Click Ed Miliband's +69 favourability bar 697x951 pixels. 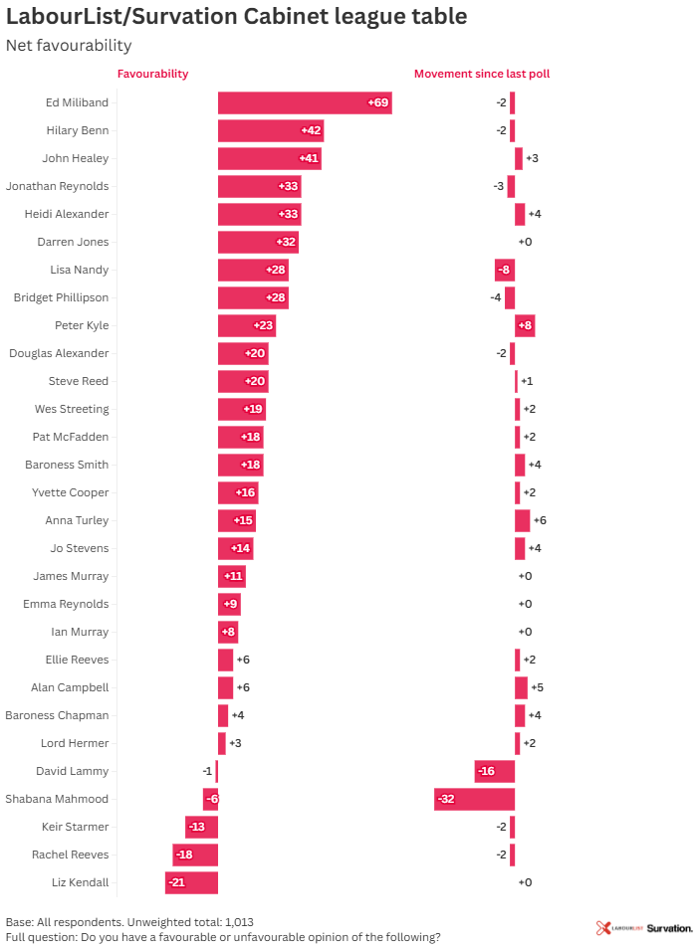tap(305, 102)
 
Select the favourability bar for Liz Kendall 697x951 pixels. tap(191, 882)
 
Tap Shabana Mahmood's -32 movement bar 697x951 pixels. tap(474, 799)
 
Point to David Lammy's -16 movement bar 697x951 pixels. tap(495, 771)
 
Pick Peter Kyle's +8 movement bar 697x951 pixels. tap(525, 325)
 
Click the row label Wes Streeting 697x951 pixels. tap(72, 409)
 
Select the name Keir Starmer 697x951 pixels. tap(76, 827)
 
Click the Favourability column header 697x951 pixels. tap(152, 74)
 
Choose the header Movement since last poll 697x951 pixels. tap(482, 74)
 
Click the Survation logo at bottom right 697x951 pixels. tap(669, 928)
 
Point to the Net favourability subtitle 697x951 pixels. tap(69, 46)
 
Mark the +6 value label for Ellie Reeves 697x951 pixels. tap(243, 660)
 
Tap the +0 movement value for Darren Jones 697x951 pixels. tap(526, 242)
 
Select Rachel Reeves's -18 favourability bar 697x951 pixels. tap(195, 855)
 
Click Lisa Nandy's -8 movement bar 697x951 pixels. tap(505, 270)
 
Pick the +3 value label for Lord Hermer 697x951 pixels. tap(236, 743)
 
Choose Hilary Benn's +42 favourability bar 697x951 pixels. tap(271, 130)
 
